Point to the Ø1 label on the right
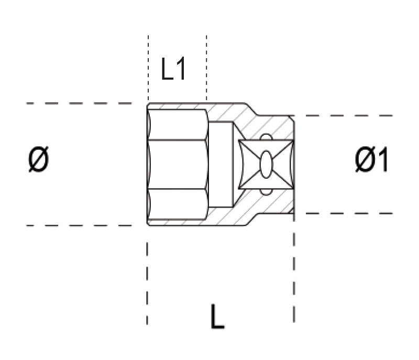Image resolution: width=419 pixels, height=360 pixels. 371,160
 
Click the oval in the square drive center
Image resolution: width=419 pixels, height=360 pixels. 266,165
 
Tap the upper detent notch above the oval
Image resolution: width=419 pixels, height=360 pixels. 266,138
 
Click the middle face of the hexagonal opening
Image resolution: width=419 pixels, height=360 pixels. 177,165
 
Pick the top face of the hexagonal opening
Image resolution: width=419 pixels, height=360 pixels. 177,124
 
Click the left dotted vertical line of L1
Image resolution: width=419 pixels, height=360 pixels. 148,68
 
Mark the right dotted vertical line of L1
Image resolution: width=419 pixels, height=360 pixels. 206,68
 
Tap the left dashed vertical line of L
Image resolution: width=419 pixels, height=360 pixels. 147,283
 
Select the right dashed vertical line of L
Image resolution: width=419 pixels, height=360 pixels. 294,272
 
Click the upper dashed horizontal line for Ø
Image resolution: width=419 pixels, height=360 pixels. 79,103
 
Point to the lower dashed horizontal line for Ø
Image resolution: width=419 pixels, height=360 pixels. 79,225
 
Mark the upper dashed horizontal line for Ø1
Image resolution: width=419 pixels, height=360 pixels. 346,115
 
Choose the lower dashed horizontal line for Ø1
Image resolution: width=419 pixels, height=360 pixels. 346,213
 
